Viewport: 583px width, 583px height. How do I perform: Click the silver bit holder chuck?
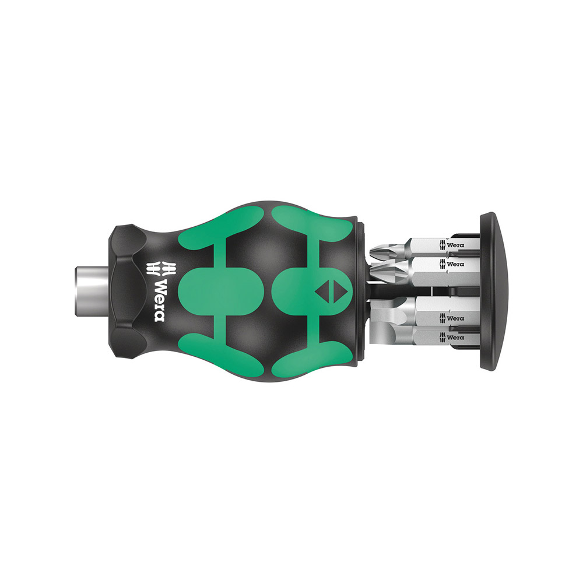(92, 291)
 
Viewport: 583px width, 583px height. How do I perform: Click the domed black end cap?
(493, 291)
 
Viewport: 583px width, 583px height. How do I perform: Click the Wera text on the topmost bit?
(455, 245)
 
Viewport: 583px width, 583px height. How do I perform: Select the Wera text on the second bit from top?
(455, 264)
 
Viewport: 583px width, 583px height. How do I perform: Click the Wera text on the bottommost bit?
(455, 337)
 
